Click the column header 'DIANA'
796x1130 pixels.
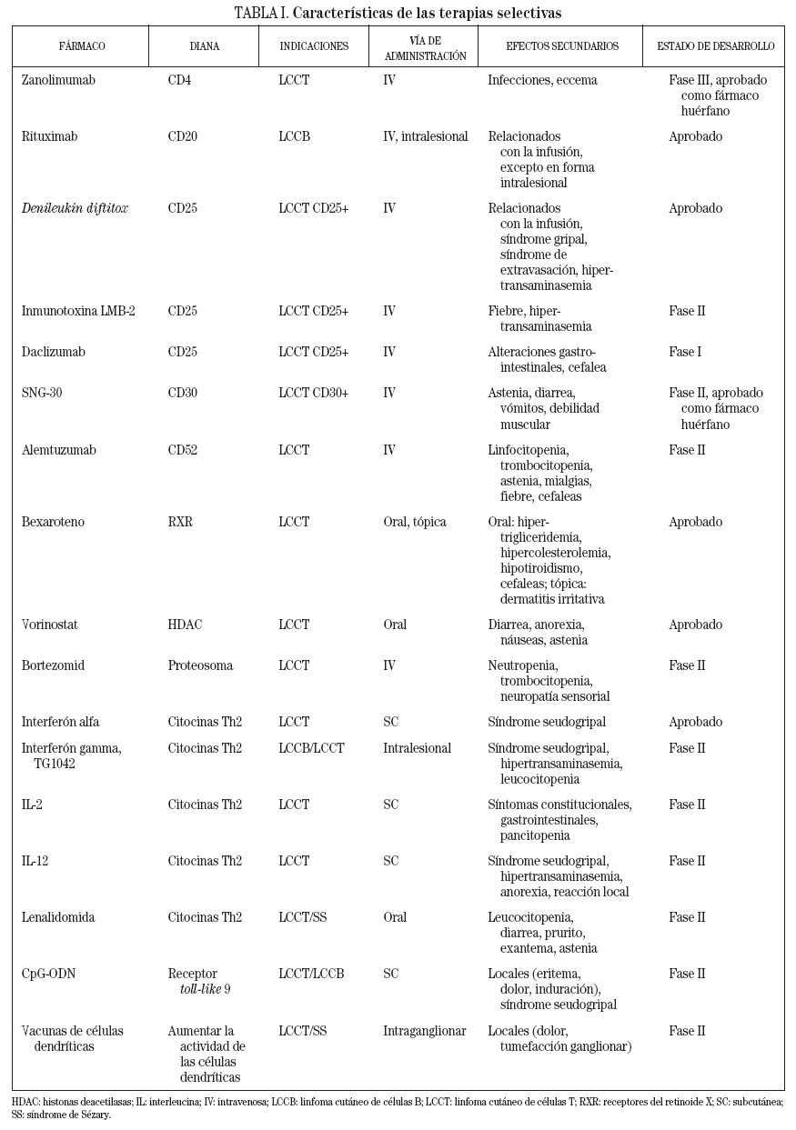[205, 46]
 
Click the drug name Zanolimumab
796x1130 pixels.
[58, 80]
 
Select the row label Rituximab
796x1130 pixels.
[49, 136]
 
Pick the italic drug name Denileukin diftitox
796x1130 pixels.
[75, 208]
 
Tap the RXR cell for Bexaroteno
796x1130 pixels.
[180, 522]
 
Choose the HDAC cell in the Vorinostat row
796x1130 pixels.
[185, 625]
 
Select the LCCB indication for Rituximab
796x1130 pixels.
[294, 136]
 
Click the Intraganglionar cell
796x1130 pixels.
[424, 1031]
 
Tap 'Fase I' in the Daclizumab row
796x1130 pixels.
[684, 352]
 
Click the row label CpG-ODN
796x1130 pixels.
[48, 974]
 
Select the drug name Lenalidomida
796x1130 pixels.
[58, 917]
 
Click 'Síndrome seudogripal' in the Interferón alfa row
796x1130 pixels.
[548, 722]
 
